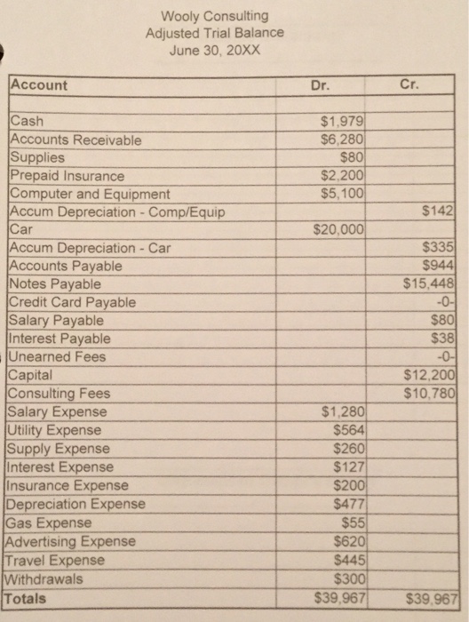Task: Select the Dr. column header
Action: pos(322,86)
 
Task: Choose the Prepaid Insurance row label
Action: pos(67,176)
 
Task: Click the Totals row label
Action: pos(28,598)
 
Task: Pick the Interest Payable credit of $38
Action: pos(441,339)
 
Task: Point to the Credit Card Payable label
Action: pos(72,302)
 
